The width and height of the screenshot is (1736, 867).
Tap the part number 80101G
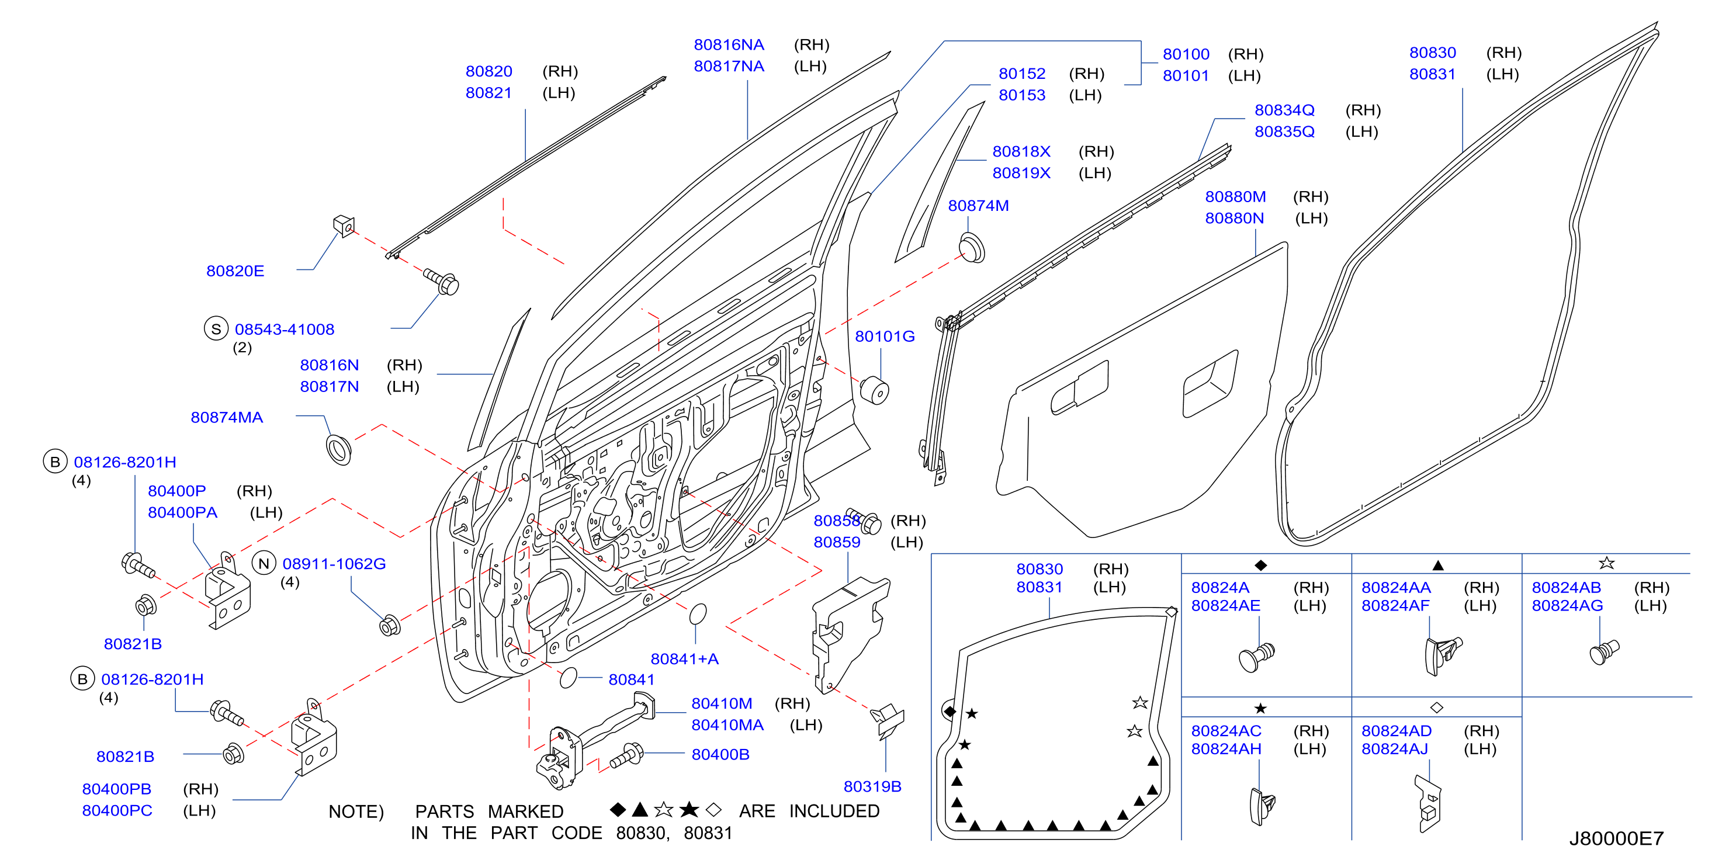point(885,336)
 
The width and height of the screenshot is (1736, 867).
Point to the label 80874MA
point(227,417)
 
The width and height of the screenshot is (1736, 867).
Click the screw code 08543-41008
point(285,330)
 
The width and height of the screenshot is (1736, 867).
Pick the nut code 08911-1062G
point(334,563)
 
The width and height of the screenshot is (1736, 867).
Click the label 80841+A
point(685,659)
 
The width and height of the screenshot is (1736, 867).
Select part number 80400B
point(720,754)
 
